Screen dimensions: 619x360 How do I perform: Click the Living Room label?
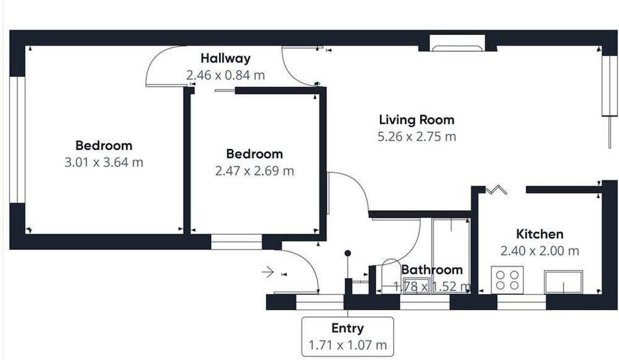[417, 119]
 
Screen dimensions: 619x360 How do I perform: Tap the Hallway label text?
[225, 58]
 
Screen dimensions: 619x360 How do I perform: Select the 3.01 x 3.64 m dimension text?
[104, 162]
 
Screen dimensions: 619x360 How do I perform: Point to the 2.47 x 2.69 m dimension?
[254, 171]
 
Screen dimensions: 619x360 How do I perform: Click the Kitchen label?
[540, 234]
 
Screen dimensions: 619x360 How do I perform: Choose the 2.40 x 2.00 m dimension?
[540, 251]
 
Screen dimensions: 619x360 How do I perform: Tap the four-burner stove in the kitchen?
[508, 280]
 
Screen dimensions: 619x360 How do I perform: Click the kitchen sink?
[563, 282]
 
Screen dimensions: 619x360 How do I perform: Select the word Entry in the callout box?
[347, 328]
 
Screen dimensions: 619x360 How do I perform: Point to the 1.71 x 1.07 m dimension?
[347, 345]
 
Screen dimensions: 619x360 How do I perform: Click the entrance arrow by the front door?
[268, 272]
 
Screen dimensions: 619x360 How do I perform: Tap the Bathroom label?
[432, 270]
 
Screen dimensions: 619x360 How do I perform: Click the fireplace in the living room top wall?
[457, 43]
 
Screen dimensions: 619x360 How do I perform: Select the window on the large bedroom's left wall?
[17, 140]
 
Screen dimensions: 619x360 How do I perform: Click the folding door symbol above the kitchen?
[496, 190]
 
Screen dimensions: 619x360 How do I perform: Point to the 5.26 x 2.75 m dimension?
[417, 137]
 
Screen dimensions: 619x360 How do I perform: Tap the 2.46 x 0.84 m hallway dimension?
[225, 75]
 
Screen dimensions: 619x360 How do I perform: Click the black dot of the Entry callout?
[347, 253]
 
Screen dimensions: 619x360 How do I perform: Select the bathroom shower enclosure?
[451, 256]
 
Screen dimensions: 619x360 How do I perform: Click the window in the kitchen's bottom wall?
[521, 302]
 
